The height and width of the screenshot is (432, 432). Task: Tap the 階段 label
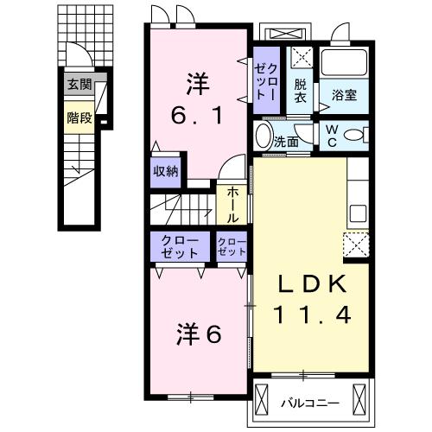click(79, 118)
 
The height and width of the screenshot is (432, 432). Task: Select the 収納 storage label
click(166, 171)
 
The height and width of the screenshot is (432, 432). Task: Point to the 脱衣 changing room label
click(300, 90)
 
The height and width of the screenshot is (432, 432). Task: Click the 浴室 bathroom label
click(346, 96)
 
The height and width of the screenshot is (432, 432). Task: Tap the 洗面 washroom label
click(285, 139)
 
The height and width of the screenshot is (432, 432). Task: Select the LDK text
click(312, 285)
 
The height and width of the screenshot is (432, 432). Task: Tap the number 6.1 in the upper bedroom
click(198, 113)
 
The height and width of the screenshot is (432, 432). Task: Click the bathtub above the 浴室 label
click(346, 63)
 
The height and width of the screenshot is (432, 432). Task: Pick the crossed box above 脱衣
click(301, 59)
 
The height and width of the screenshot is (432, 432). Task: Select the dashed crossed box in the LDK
click(356, 245)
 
